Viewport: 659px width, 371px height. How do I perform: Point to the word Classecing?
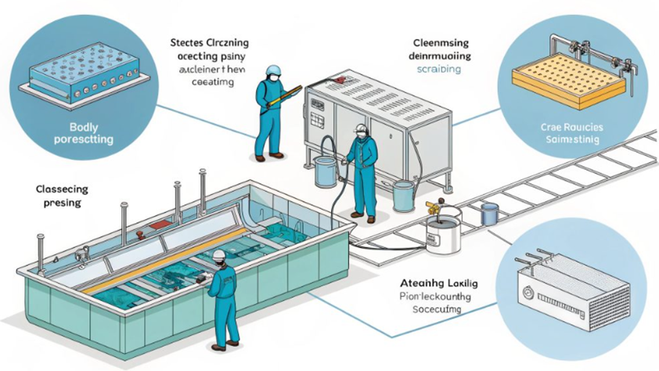(x=62, y=189)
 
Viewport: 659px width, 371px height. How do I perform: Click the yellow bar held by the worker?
(x=284, y=96)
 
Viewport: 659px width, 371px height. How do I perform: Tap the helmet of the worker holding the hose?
(x=360, y=128)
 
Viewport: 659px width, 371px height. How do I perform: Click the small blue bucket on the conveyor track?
(x=489, y=212)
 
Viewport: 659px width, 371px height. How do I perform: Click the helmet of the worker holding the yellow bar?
(x=272, y=72)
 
